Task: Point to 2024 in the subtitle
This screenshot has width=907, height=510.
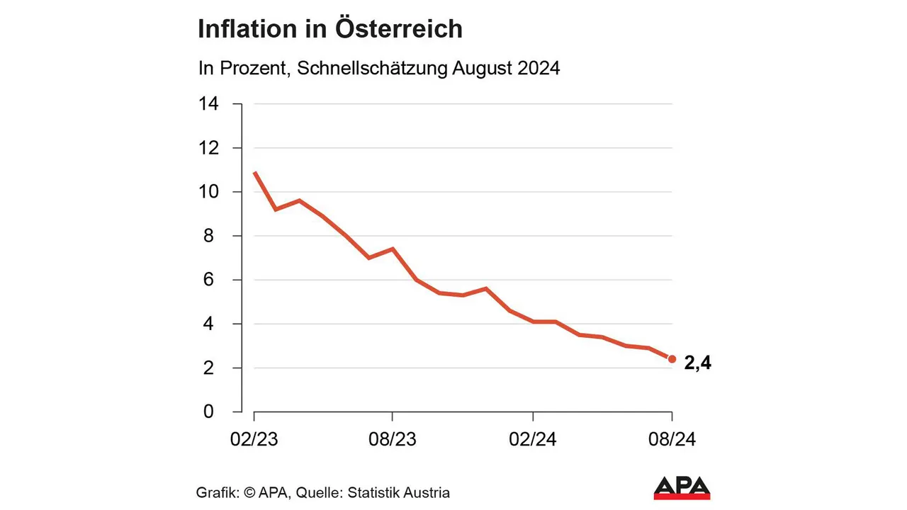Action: point(538,69)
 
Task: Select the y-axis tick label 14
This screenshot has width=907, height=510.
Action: point(209,104)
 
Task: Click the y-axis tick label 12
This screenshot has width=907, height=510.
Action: point(209,148)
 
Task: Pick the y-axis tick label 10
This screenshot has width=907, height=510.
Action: point(209,192)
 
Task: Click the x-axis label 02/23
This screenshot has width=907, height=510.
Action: point(254,439)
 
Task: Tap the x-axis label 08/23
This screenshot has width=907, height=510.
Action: point(393,439)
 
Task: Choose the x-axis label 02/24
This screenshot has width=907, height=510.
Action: point(533,439)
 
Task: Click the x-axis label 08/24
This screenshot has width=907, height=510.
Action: point(672,439)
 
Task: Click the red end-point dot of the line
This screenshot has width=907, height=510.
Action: point(672,359)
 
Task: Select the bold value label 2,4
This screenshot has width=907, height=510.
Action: point(697,363)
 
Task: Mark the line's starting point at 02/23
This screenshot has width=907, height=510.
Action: point(254,172)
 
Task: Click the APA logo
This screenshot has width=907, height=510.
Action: point(682,487)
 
